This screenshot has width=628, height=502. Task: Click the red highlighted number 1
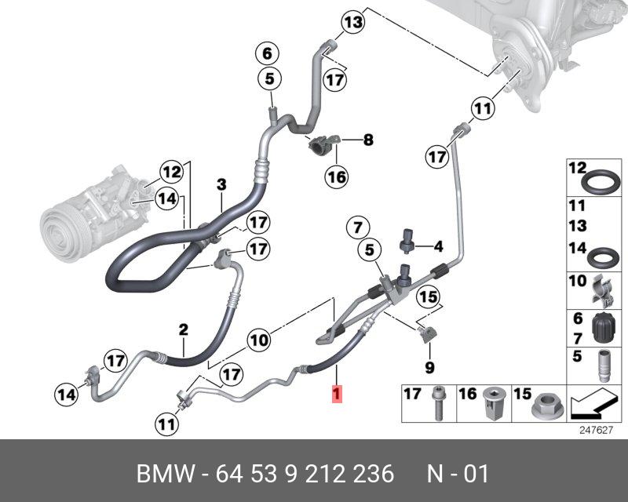pyautogui.click(x=337, y=394)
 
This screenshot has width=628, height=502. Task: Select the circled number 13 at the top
pyautogui.click(x=354, y=22)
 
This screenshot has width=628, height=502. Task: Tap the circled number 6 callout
pyautogui.click(x=267, y=54)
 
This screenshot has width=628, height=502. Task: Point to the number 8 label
pyautogui.click(x=367, y=141)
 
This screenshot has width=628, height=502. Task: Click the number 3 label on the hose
pyautogui.click(x=221, y=184)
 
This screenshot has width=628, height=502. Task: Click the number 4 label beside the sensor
pyautogui.click(x=439, y=247)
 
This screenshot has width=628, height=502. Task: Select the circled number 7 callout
pyautogui.click(x=356, y=228)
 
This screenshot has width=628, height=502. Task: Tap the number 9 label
pyautogui.click(x=429, y=367)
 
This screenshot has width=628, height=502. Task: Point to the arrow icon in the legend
pyautogui.click(x=590, y=404)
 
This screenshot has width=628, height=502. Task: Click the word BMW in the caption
pyautogui.click(x=164, y=474)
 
